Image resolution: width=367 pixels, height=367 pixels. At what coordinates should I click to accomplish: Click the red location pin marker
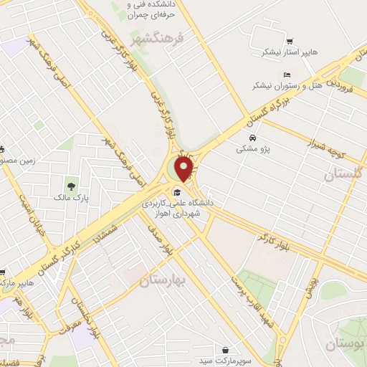(184, 168)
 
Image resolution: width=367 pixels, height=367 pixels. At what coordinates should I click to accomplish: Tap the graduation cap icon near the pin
(177, 191)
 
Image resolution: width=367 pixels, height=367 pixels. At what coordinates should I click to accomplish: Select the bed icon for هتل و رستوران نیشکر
(287, 75)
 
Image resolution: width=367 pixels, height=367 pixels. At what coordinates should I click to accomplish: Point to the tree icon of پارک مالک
(71, 187)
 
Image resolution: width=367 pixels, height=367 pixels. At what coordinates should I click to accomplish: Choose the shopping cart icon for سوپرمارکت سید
(226, 350)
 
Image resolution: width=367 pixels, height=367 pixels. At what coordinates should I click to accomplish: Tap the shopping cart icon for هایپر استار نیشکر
(290, 42)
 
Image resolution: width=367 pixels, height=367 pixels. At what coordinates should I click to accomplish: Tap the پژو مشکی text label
(252, 150)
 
